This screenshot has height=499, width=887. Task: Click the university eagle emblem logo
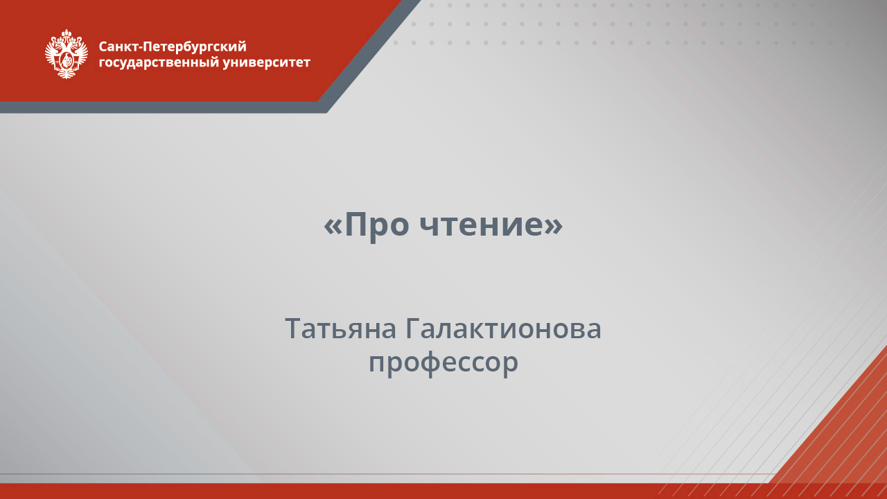click(67, 53)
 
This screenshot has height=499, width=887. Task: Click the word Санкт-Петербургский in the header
click(173, 47)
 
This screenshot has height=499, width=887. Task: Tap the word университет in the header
click(267, 63)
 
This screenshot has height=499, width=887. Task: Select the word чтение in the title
click(481, 224)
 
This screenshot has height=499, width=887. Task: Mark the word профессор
click(443, 362)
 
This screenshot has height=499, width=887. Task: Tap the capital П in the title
click(356, 224)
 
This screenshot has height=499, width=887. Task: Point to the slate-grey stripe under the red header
click(159, 107)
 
